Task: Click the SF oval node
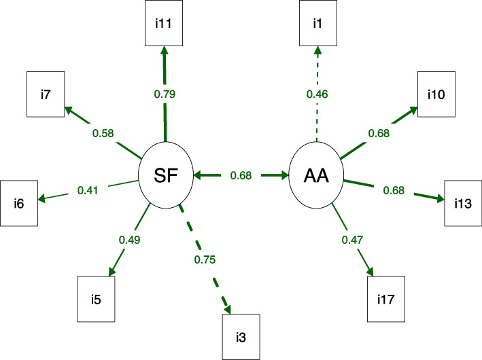point(165,175)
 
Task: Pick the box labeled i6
point(19,202)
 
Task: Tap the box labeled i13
point(464,202)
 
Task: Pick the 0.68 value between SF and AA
point(241,176)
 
